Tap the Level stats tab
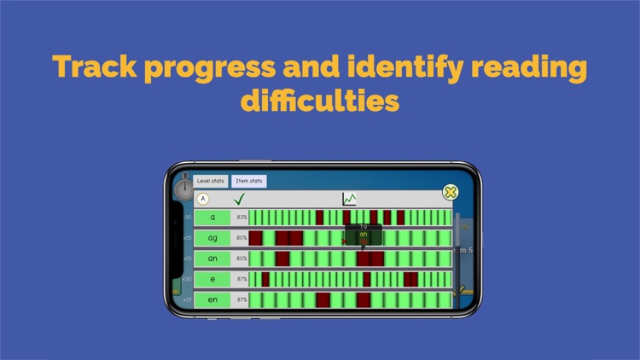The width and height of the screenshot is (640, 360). point(211,181)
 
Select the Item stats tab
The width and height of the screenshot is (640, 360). point(249,181)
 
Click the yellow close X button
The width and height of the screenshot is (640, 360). point(451,193)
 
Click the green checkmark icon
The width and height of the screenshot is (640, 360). point(240,200)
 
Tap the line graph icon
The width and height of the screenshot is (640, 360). point(349,200)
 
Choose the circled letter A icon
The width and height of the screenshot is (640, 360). point(203,200)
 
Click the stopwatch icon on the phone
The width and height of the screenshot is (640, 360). point(184,189)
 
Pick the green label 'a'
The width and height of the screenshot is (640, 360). point(212,218)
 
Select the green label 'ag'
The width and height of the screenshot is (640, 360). point(212,238)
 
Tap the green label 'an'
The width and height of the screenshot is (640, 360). point(212,258)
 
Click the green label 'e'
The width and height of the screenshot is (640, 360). point(212,279)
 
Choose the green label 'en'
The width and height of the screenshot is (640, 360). point(212,299)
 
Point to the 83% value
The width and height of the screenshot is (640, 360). point(241,218)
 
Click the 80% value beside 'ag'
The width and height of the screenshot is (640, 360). point(241,238)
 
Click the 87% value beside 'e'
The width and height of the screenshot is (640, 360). point(241,279)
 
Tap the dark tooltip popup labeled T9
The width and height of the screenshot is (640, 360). point(363,232)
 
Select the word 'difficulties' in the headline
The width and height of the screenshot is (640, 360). point(320,101)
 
